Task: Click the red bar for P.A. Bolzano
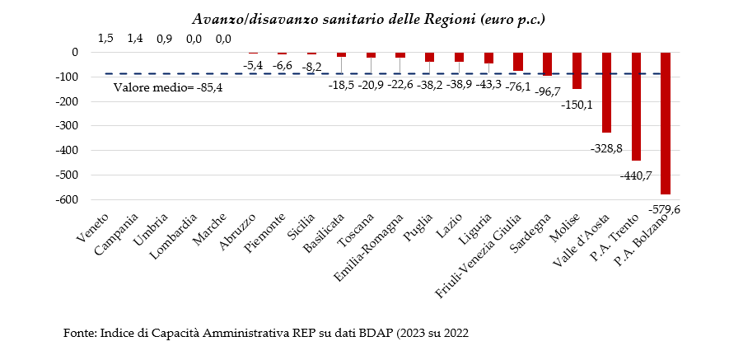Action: pyautogui.click(x=666, y=123)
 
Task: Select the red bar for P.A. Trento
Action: pyautogui.click(x=636, y=106)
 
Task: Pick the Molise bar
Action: pyautogui.click(x=577, y=70)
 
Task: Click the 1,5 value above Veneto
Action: pyautogui.click(x=105, y=38)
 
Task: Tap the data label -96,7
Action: pyautogui.click(x=546, y=90)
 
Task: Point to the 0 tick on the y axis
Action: pyautogui.click(x=75, y=52)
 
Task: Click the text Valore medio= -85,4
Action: pyautogui.click(x=168, y=87)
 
